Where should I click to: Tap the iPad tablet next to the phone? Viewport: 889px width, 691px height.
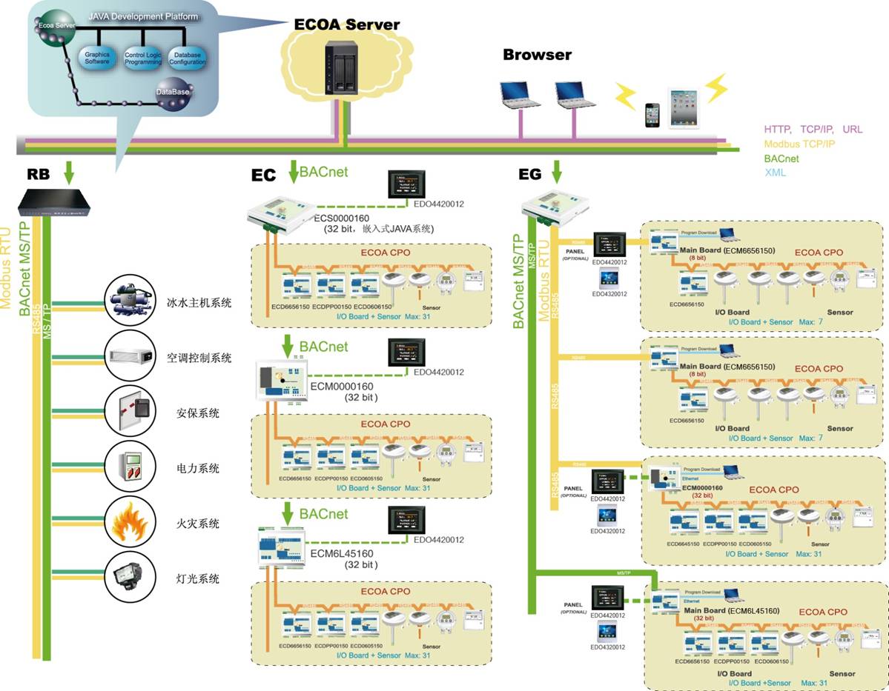click(684, 108)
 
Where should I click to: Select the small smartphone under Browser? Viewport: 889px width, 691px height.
click(652, 116)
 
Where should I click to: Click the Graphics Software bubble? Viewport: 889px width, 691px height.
click(97, 57)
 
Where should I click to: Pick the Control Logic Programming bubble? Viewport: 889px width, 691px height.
click(143, 59)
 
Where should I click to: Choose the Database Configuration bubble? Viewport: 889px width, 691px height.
click(187, 58)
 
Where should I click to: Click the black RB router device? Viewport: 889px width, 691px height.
click(55, 201)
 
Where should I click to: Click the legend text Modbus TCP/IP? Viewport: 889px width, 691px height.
click(799, 144)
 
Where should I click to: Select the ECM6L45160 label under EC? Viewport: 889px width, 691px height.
click(342, 553)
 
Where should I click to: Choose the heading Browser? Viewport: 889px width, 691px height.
click(537, 54)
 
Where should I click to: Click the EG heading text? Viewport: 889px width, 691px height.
click(530, 174)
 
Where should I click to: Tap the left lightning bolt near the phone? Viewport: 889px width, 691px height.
click(625, 96)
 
